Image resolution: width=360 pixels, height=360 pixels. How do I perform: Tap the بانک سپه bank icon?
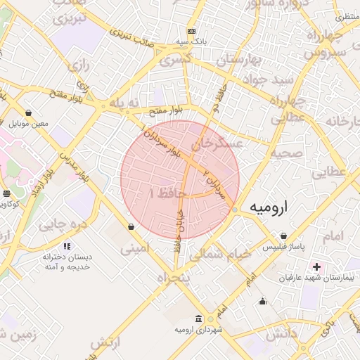(x=191, y=32)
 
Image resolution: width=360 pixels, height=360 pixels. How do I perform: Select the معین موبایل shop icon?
(x=28, y=112)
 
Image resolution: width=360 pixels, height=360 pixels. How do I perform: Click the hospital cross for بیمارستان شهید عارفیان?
(x=316, y=266)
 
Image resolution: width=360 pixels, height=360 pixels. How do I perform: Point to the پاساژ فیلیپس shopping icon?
(x=283, y=236)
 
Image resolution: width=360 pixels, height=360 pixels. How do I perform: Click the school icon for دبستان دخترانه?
(x=67, y=247)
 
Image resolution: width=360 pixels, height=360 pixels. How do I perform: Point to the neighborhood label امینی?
(x=135, y=248)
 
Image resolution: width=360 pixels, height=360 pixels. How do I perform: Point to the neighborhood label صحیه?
(x=289, y=153)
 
